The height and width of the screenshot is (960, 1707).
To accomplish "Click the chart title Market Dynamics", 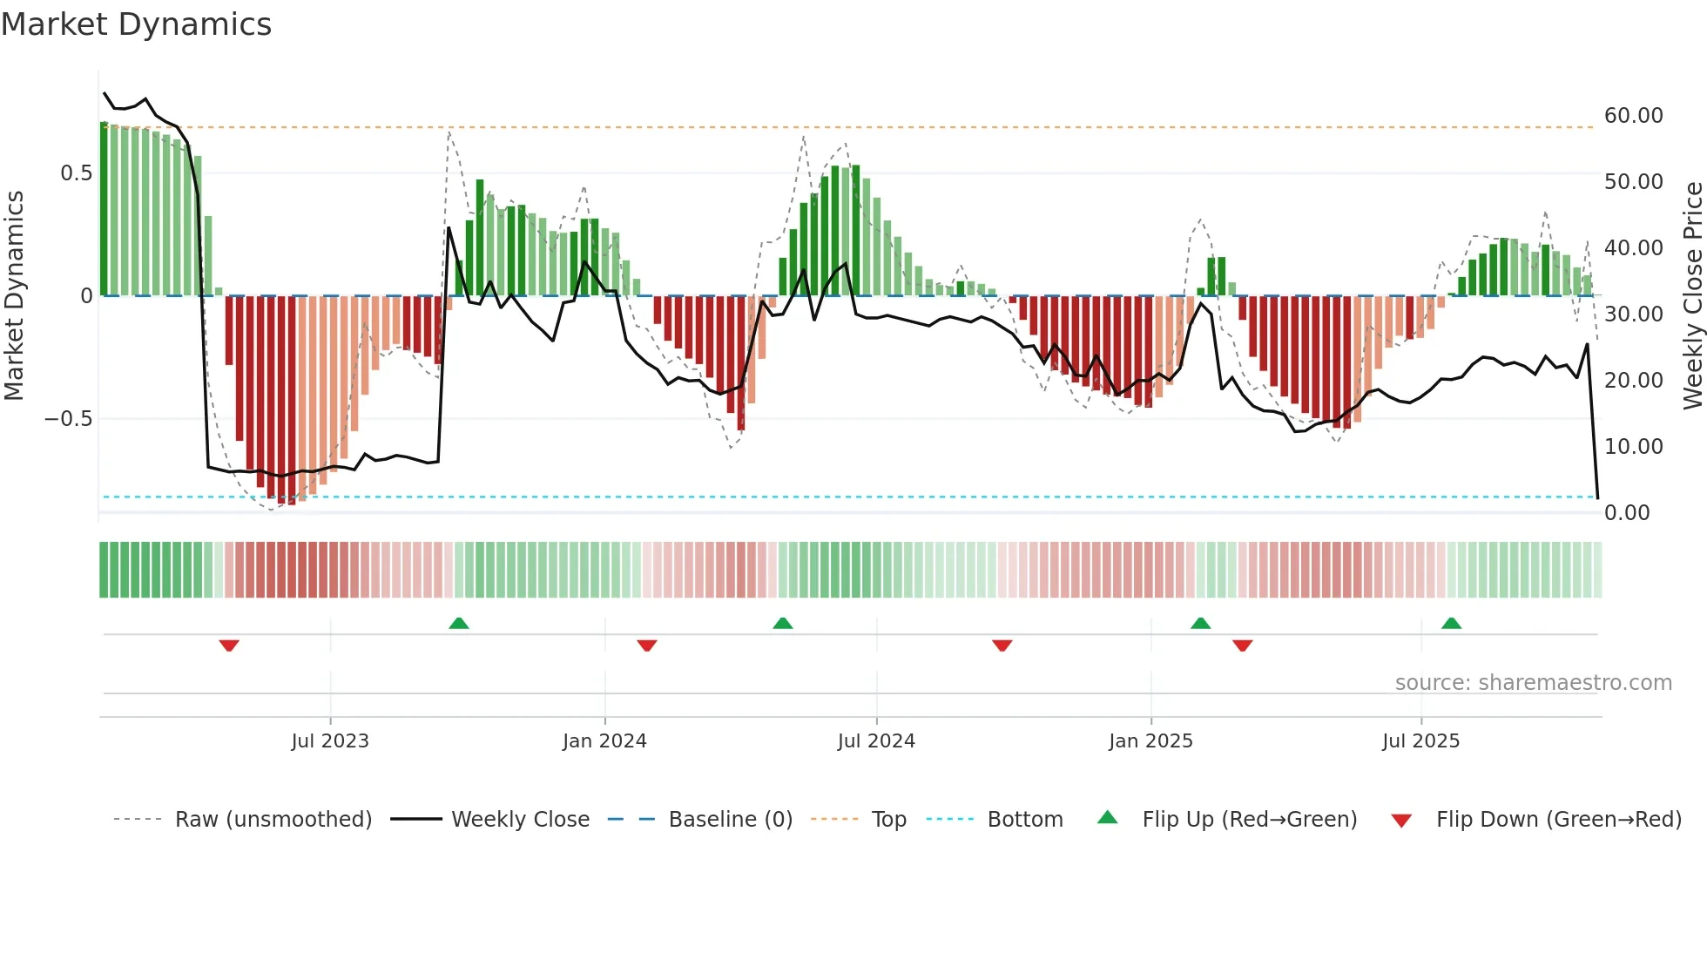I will tap(136, 24).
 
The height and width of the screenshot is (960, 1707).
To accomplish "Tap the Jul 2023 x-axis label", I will tap(330, 741).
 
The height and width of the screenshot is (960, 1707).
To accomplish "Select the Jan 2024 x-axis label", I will tap(604, 741).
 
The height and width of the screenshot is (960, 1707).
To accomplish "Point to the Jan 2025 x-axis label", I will tap(1150, 741).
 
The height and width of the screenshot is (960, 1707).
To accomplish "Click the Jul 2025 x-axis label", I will tap(1420, 741).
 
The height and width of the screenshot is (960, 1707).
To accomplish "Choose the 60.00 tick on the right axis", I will tap(1633, 116).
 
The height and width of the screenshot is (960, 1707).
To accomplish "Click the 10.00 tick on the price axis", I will tap(1633, 447).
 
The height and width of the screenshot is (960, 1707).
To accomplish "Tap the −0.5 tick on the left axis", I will tap(69, 419).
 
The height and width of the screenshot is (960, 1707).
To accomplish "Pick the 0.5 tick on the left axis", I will tap(77, 173).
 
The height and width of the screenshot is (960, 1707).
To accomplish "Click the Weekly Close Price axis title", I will tap(1692, 295).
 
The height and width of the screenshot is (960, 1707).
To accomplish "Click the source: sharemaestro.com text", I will tap(1533, 683).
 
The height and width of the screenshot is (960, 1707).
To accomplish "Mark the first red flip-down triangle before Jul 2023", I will tap(229, 646).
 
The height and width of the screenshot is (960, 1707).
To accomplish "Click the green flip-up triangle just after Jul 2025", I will tap(1451, 623).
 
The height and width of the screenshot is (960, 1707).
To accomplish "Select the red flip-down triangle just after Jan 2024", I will tap(646, 646).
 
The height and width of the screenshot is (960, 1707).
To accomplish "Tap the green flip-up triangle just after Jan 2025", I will tap(1200, 623).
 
